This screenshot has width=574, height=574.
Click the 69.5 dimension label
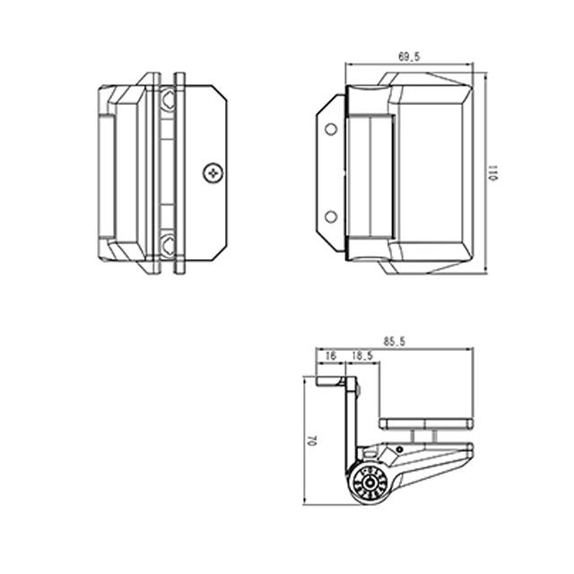[x=409, y=57]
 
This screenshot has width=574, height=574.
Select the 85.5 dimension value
[x=394, y=342]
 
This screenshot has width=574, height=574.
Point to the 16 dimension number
[x=330, y=357]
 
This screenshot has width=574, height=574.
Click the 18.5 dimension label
[x=363, y=357]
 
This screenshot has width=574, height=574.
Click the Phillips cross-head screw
[x=213, y=172]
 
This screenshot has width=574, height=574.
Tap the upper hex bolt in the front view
[x=168, y=101]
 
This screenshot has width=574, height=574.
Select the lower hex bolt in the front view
[x=168, y=242]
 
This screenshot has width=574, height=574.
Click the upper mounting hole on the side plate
[x=331, y=130]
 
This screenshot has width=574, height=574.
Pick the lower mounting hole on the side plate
[x=331, y=216]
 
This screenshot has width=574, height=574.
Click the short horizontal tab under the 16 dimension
[x=333, y=382]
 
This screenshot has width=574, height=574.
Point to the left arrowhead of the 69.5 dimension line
[x=349, y=65]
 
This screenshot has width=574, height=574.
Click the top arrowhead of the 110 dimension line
[x=485, y=75]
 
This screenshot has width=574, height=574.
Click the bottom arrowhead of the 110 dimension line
[x=485, y=273]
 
